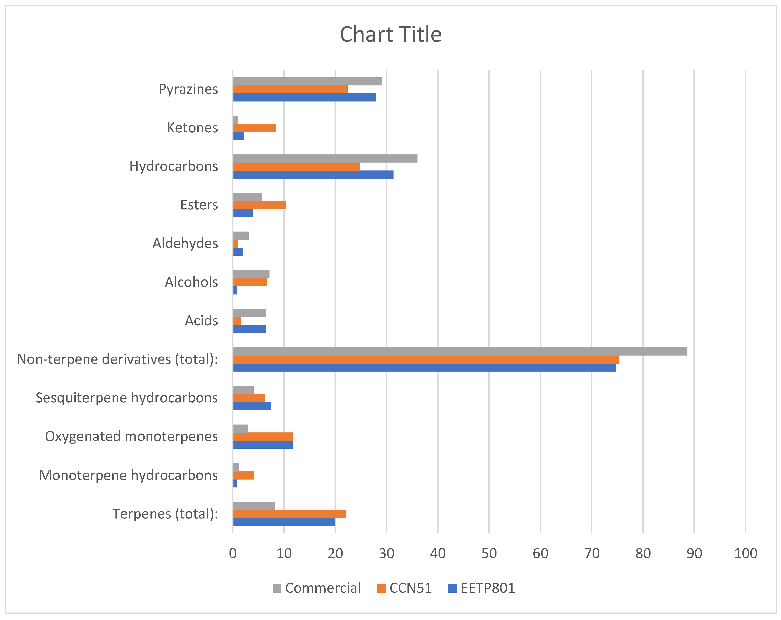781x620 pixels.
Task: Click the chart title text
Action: point(391,34)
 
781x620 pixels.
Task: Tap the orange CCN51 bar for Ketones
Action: point(255,128)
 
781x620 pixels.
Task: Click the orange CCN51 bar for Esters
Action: point(259,205)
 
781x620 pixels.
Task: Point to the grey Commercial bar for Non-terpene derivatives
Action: point(460,351)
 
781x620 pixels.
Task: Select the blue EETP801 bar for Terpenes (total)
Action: point(284,522)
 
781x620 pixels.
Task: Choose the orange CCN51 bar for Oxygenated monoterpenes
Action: point(263,436)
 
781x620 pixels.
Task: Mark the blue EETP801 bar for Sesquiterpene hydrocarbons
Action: point(252,406)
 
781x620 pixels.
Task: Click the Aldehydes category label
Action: point(185,243)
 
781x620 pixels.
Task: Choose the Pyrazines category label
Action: point(188,89)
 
